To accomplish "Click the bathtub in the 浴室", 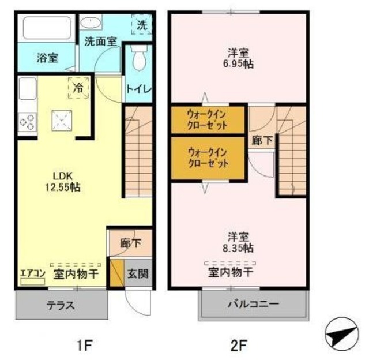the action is point(47,28).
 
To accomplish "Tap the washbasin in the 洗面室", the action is point(91,22).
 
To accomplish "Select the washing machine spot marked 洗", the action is point(142,24).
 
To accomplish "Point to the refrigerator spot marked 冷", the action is point(78,87).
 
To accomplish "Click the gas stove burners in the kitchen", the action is point(27,123).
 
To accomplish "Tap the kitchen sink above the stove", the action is point(28,88).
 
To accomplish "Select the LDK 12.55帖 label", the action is point(63,182).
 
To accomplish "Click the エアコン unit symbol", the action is point(32,282).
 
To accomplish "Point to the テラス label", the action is point(61,305).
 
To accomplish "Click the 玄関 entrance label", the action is point(138,274).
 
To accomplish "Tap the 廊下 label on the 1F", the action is point(131,243).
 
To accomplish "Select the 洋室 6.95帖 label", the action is point(238,58).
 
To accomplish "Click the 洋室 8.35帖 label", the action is point(238,242).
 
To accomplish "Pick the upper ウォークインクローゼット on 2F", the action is point(208,120).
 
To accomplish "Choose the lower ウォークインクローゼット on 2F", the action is point(208,158).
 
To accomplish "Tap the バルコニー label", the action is point(254,304).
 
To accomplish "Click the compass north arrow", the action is point(342,335).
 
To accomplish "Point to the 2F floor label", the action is point(238,346).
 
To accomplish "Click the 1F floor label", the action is point(84,346).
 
